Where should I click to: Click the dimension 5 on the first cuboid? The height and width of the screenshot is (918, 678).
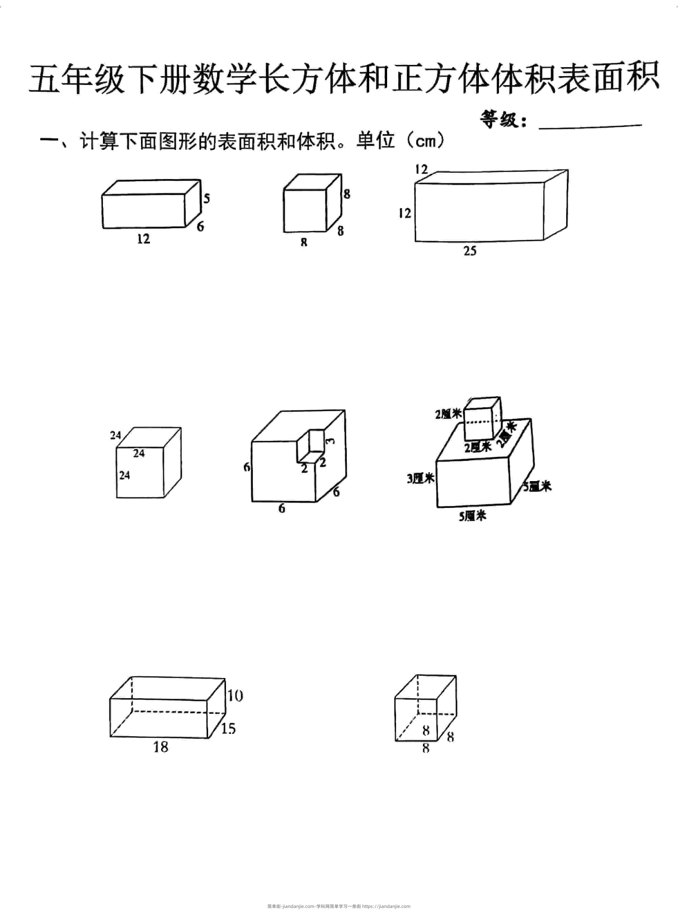pos(206,198)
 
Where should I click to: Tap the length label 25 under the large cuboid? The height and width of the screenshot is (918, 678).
pos(470,251)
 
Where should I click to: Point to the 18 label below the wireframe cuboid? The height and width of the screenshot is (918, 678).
pos(161,747)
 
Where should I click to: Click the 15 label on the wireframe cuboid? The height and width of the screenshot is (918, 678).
pos(228,728)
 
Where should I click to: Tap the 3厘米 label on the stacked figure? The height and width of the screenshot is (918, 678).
pos(421,479)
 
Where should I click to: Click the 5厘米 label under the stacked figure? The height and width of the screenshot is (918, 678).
pos(472,516)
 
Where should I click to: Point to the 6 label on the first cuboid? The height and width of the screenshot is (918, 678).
pos(200,226)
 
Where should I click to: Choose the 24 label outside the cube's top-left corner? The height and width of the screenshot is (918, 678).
pos(115,435)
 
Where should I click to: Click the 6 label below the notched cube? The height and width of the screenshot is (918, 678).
pos(282,509)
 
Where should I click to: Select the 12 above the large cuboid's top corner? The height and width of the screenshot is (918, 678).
pos(421,169)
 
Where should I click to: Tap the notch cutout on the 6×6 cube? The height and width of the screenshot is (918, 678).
pos(311,446)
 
